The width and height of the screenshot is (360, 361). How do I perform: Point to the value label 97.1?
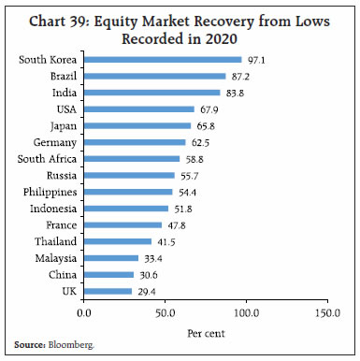point(254,60)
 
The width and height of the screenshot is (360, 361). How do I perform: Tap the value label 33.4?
point(151,258)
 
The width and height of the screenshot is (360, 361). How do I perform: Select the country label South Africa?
point(47,159)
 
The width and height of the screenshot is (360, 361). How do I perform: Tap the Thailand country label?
point(56,241)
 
